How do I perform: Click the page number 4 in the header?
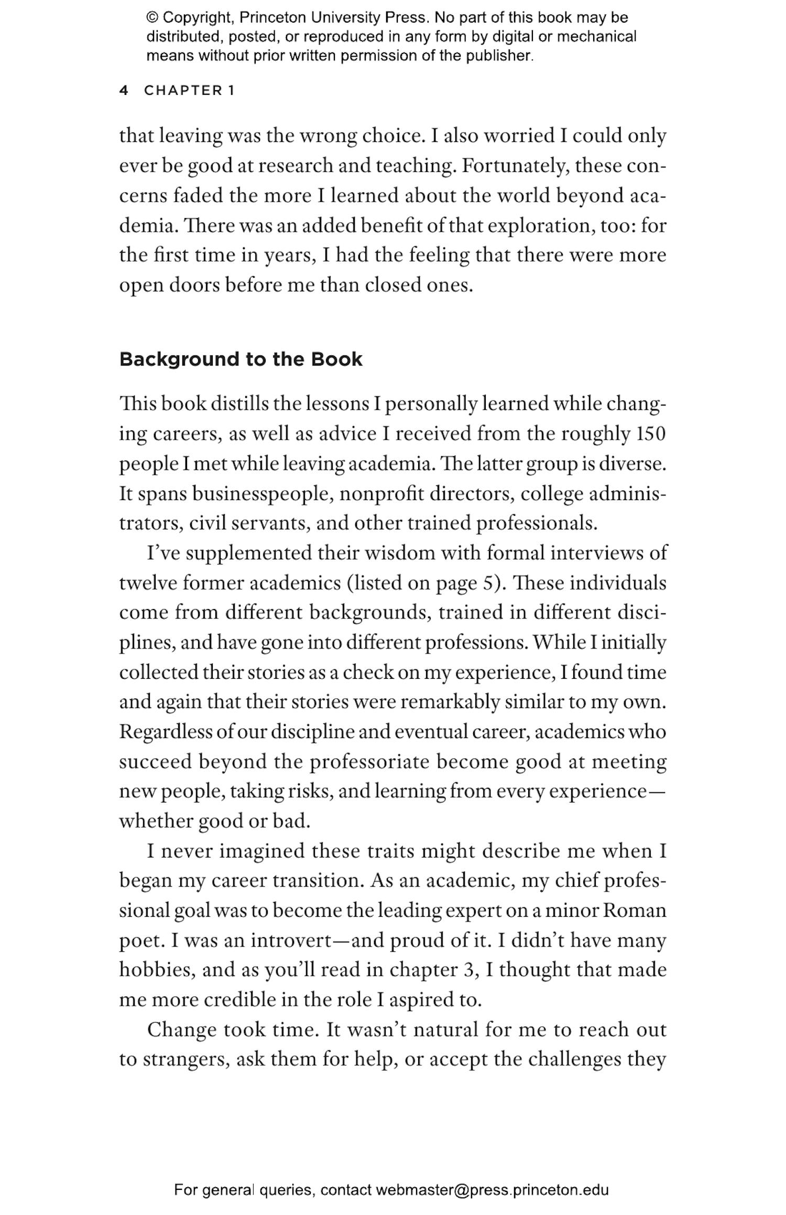tap(124, 90)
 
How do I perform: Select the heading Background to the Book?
tap(241, 360)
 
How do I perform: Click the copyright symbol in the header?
tap(152, 18)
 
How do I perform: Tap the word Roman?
tap(635, 910)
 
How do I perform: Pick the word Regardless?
tap(166, 732)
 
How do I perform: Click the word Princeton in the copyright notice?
tap(273, 18)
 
